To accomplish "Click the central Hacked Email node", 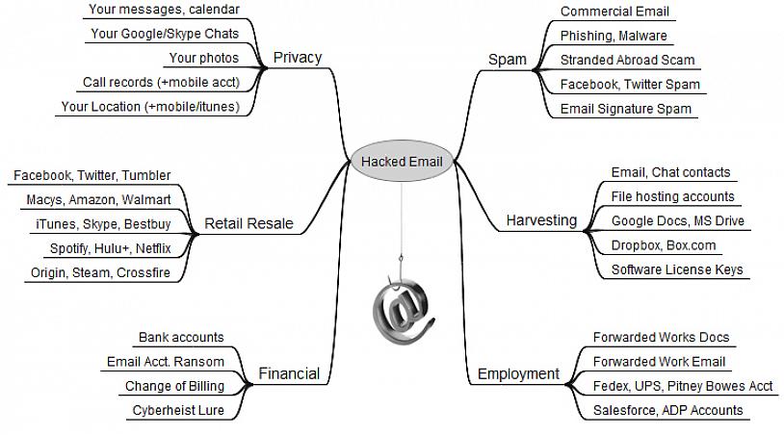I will point(402,161).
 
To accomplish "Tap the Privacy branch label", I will point(297,57).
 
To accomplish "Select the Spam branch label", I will point(508,59).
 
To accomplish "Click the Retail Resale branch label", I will point(248,224).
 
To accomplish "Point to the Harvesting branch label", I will point(541,220).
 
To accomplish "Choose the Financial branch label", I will point(288,373).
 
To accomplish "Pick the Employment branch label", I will point(518,373).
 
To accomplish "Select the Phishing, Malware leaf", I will point(614,36).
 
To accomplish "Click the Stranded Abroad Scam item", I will point(627,60).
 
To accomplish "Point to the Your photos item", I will point(203,58).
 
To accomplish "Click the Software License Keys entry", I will point(677,269).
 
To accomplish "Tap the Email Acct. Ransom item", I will point(165,362).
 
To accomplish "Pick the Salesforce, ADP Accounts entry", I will point(668,410).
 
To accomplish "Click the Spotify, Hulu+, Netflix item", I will point(110,248).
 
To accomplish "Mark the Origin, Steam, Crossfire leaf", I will point(101,272).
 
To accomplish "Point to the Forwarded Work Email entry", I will point(659,362).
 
